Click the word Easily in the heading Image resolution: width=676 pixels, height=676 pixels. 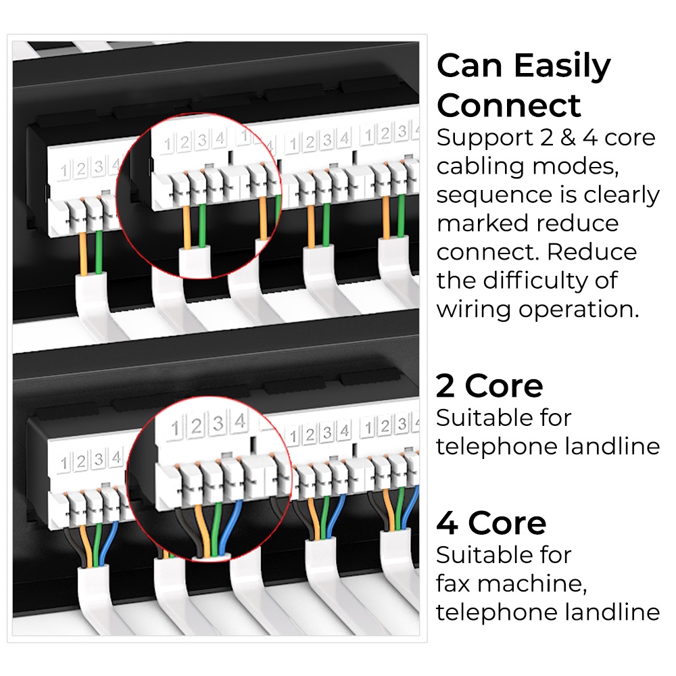pyautogui.click(x=562, y=67)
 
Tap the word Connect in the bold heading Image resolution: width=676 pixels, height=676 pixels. pyautogui.click(x=509, y=105)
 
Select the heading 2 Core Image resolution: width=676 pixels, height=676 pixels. pyautogui.click(x=489, y=386)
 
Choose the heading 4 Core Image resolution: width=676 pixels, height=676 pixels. pyautogui.click(x=491, y=523)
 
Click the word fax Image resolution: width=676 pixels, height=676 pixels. pyautogui.click(x=453, y=584)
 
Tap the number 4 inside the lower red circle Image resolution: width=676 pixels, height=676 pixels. pyautogui.click(x=240, y=420)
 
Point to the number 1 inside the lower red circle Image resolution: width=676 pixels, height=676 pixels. pyautogui.click(x=175, y=429)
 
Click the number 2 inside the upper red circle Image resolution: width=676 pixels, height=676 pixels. pyautogui.click(x=185, y=142)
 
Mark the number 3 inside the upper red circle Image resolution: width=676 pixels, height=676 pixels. pyautogui.click(x=202, y=141)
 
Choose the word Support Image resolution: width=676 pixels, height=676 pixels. pyautogui.click(x=485, y=139)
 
